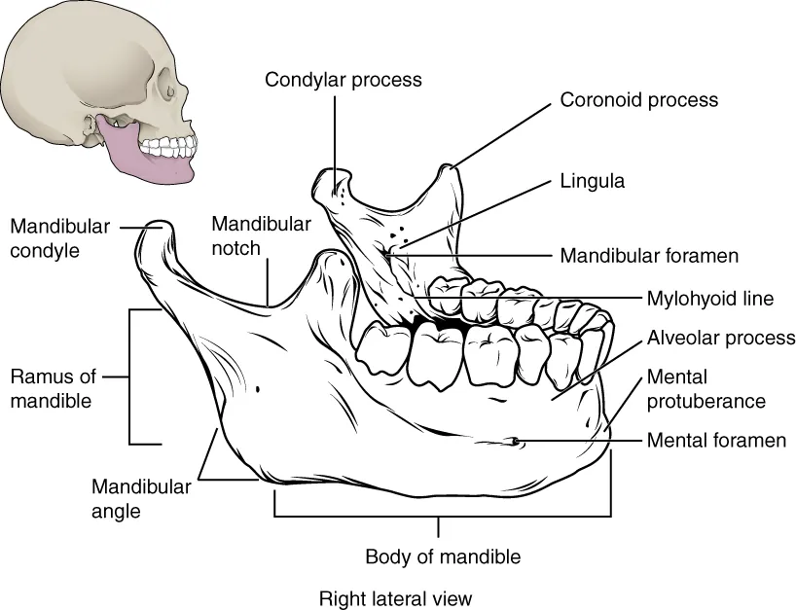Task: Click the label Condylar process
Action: [344, 80]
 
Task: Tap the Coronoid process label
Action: [638, 99]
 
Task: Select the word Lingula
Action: [592, 181]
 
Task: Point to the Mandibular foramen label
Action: [649, 257]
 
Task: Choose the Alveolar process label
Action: [721, 338]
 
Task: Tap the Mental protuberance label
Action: [706, 388]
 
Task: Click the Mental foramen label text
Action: [716, 441]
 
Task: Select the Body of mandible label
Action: [443, 557]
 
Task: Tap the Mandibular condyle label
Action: [59, 237]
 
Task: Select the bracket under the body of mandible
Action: [443, 515]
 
